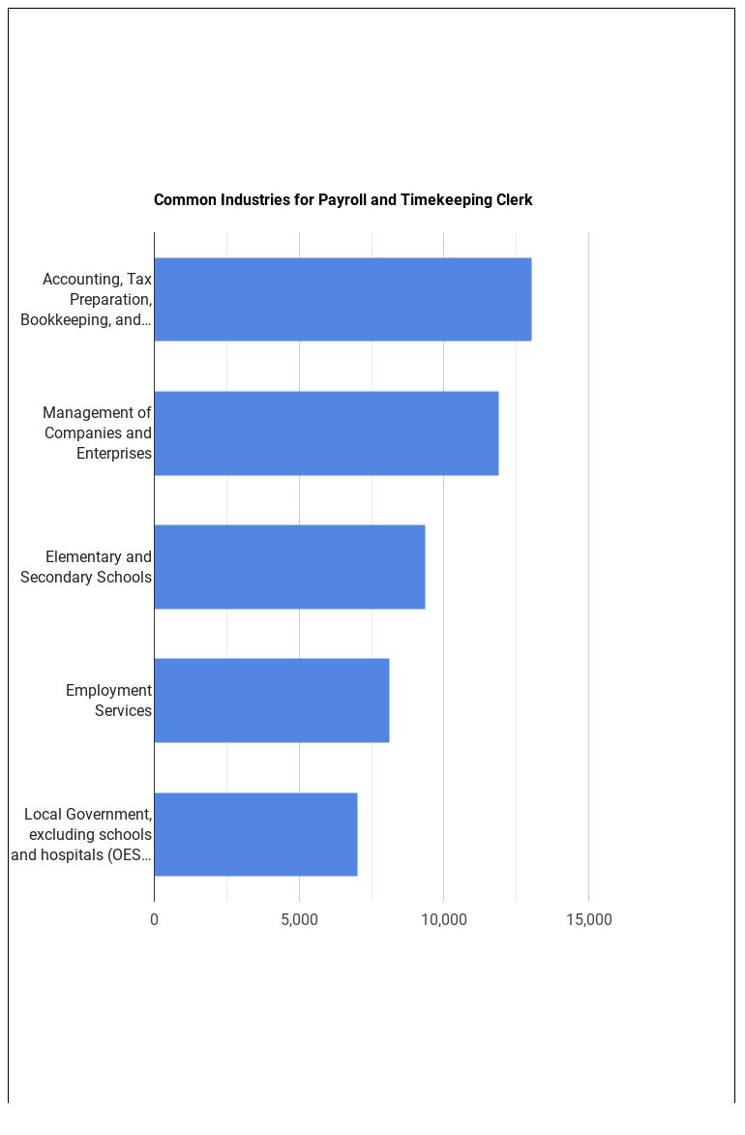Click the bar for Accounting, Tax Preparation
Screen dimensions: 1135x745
(x=343, y=299)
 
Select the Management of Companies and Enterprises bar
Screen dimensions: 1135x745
(x=326, y=433)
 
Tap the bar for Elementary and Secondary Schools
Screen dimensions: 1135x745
(x=289, y=566)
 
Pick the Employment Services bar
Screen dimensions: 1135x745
(x=271, y=700)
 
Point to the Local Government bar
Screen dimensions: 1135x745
(x=255, y=833)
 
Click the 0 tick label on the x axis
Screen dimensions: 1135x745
(x=154, y=919)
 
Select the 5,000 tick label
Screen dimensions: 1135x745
(x=299, y=919)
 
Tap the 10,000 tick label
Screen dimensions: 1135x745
(x=444, y=919)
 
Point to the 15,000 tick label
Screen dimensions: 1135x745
(x=588, y=919)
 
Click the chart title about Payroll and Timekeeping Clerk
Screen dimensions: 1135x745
(x=343, y=200)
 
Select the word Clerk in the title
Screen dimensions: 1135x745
(x=513, y=200)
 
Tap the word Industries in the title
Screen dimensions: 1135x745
(x=252, y=200)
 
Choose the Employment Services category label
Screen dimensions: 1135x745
(x=108, y=700)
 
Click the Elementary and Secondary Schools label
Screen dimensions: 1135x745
(x=86, y=566)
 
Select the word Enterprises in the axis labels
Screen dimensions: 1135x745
(x=113, y=453)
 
